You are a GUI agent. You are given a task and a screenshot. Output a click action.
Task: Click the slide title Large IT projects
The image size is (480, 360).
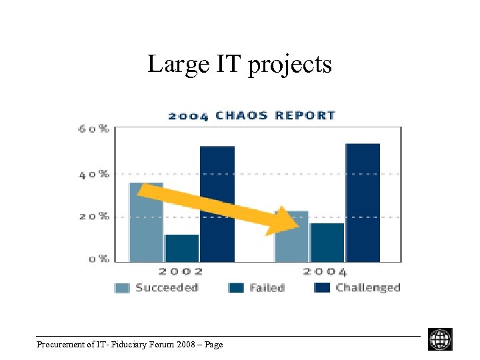[x=239, y=65]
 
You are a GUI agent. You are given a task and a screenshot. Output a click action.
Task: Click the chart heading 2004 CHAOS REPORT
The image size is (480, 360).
[x=251, y=115]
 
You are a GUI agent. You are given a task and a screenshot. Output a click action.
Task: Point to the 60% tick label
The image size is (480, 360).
[x=94, y=129]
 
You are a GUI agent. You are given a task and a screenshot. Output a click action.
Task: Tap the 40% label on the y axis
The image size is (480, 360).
[x=94, y=174]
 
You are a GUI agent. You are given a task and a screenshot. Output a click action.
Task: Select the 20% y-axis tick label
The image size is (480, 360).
[x=94, y=217]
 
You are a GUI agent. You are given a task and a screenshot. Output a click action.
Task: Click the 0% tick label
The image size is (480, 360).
[x=99, y=259]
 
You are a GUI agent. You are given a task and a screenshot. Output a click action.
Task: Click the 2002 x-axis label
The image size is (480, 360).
[x=181, y=272]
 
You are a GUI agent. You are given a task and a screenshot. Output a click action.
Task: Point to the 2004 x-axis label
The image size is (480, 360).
[x=325, y=272]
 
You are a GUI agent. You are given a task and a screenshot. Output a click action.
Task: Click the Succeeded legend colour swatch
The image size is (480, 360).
[x=122, y=288]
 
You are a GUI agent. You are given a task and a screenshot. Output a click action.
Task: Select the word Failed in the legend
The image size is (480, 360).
[x=267, y=288]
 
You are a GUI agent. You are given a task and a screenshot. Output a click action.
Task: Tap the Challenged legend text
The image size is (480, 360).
[x=367, y=288]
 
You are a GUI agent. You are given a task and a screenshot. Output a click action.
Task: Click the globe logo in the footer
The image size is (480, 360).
[x=440, y=339]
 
